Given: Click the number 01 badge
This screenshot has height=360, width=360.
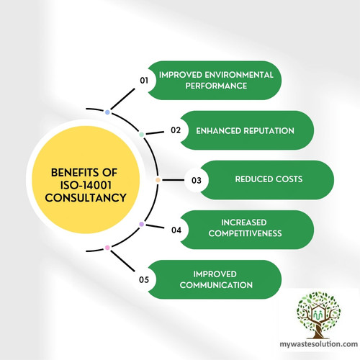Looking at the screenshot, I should (143, 81).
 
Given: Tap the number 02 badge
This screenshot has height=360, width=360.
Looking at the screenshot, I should (175, 130).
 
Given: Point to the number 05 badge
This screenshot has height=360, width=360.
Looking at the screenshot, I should (143, 279).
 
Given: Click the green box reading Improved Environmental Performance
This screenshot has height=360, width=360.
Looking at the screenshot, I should (217, 80).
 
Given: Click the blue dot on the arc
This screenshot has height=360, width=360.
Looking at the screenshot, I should (107, 112).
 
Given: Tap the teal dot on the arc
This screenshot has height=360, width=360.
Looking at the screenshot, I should (142, 135).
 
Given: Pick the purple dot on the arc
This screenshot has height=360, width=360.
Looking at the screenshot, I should (141, 225).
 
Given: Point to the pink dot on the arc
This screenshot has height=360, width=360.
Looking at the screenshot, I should (107, 248).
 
